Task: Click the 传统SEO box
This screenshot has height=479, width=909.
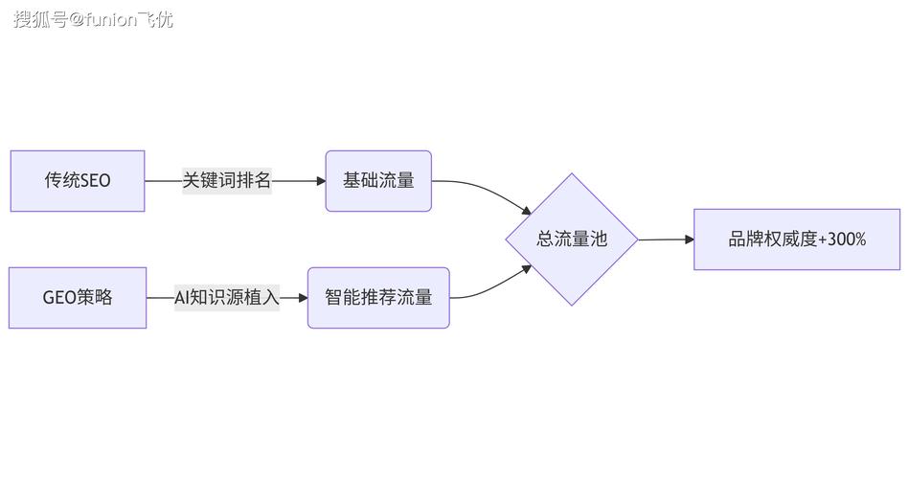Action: (x=77, y=180)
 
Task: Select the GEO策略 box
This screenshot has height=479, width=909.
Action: (x=77, y=298)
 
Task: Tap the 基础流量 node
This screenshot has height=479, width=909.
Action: (x=378, y=180)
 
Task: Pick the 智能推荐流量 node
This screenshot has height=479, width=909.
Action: (x=378, y=298)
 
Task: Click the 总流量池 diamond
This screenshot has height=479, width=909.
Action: (x=572, y=239)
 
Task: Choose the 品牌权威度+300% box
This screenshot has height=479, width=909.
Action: (x=797, y=239)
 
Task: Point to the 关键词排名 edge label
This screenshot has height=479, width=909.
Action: (x=227, y=180)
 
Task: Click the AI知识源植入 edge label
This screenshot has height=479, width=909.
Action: (x=227, y=298)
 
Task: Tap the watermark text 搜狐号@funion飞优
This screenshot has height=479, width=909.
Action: (x=93, y=19)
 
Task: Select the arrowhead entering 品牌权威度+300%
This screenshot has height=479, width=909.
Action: (x=689, y=239)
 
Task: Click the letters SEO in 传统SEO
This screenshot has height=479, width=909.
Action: (x=95, y=180)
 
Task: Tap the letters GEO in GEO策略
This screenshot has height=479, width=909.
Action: (x=59, y=298)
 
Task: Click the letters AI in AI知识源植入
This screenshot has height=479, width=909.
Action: (x=182, y=298)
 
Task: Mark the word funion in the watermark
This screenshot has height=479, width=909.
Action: (x=116, y=19)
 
